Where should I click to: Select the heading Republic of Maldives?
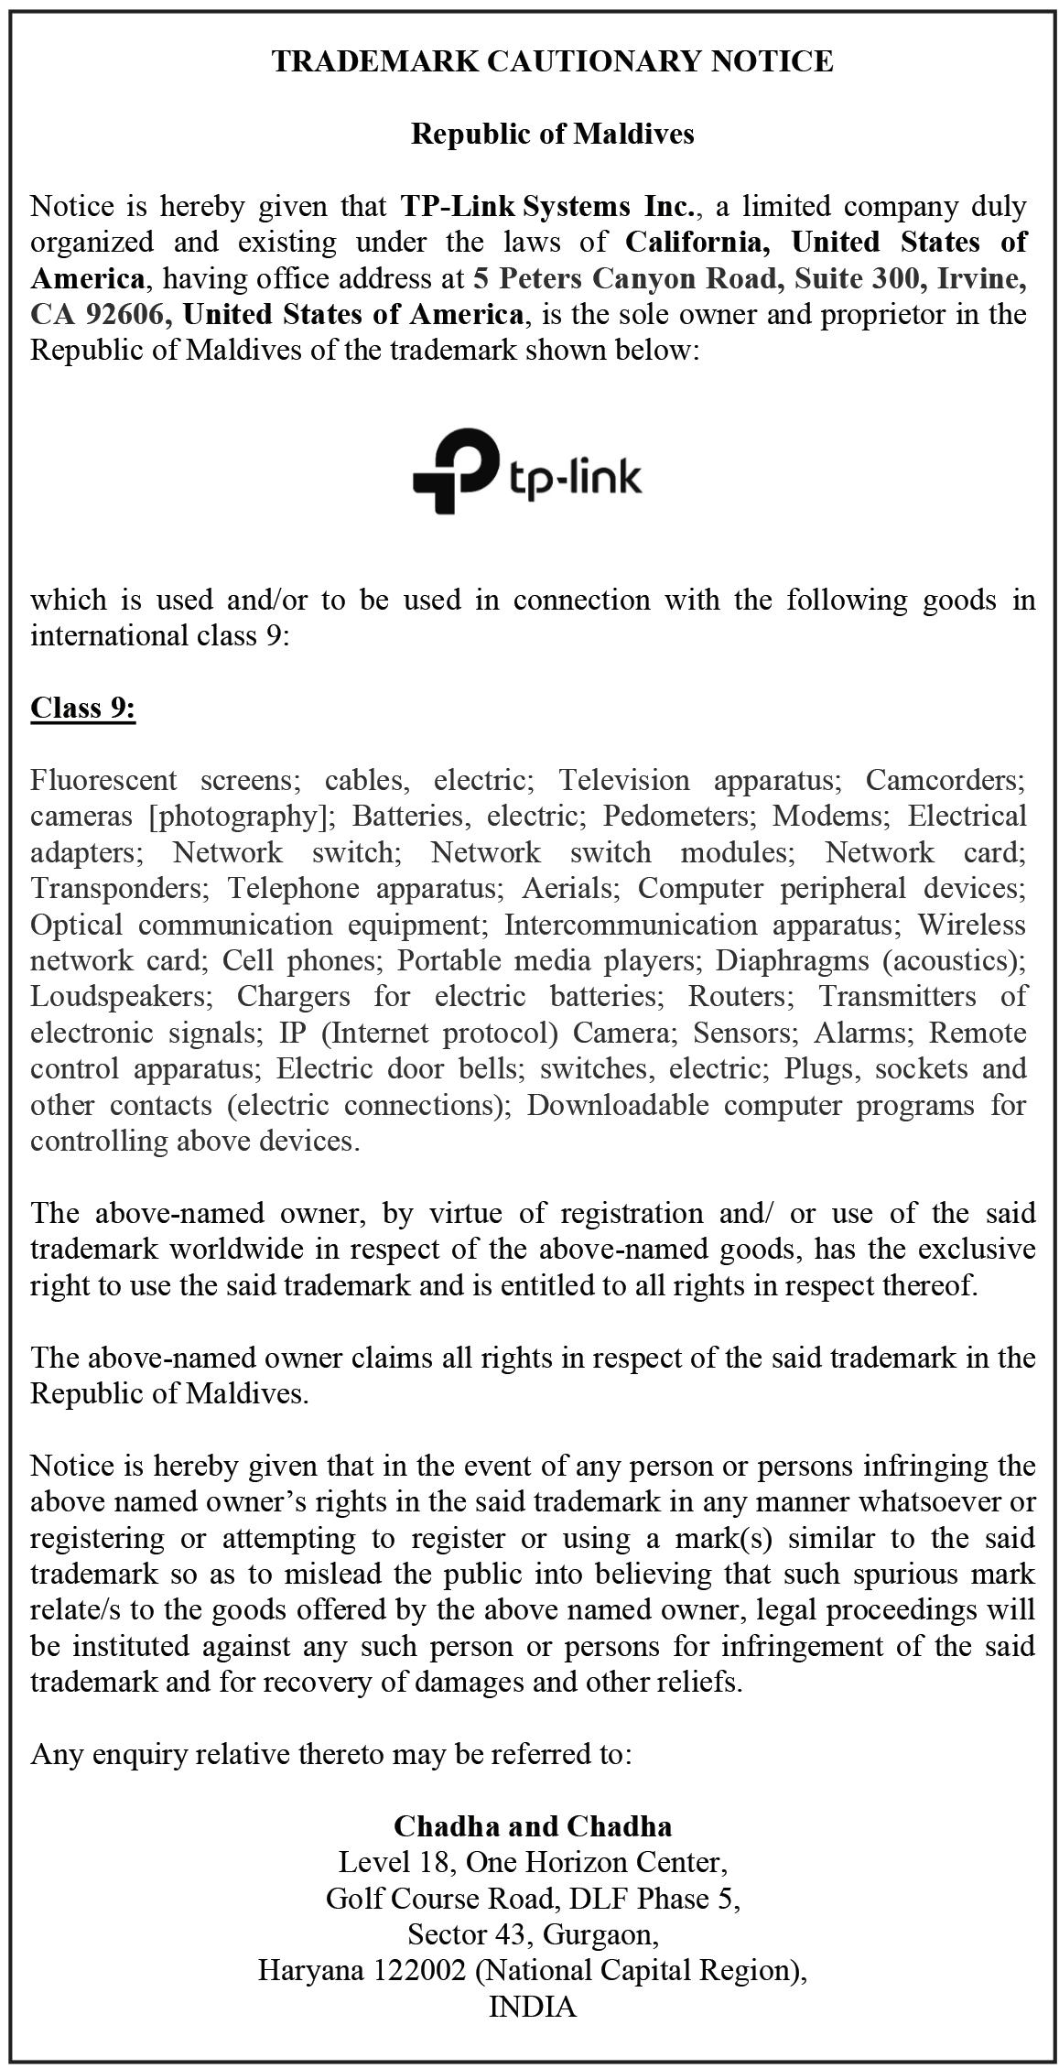click(x=552, y=134)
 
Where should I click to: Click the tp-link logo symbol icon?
click(x=455, y=471)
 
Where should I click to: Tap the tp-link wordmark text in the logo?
click(x=574, y=477)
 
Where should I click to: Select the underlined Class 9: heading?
click(x=83, y=708)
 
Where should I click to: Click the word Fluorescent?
click(x=103, y=780)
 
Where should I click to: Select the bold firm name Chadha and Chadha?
click(x=533, y=1826)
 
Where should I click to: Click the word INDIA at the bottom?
click(x=533, y=2007)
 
